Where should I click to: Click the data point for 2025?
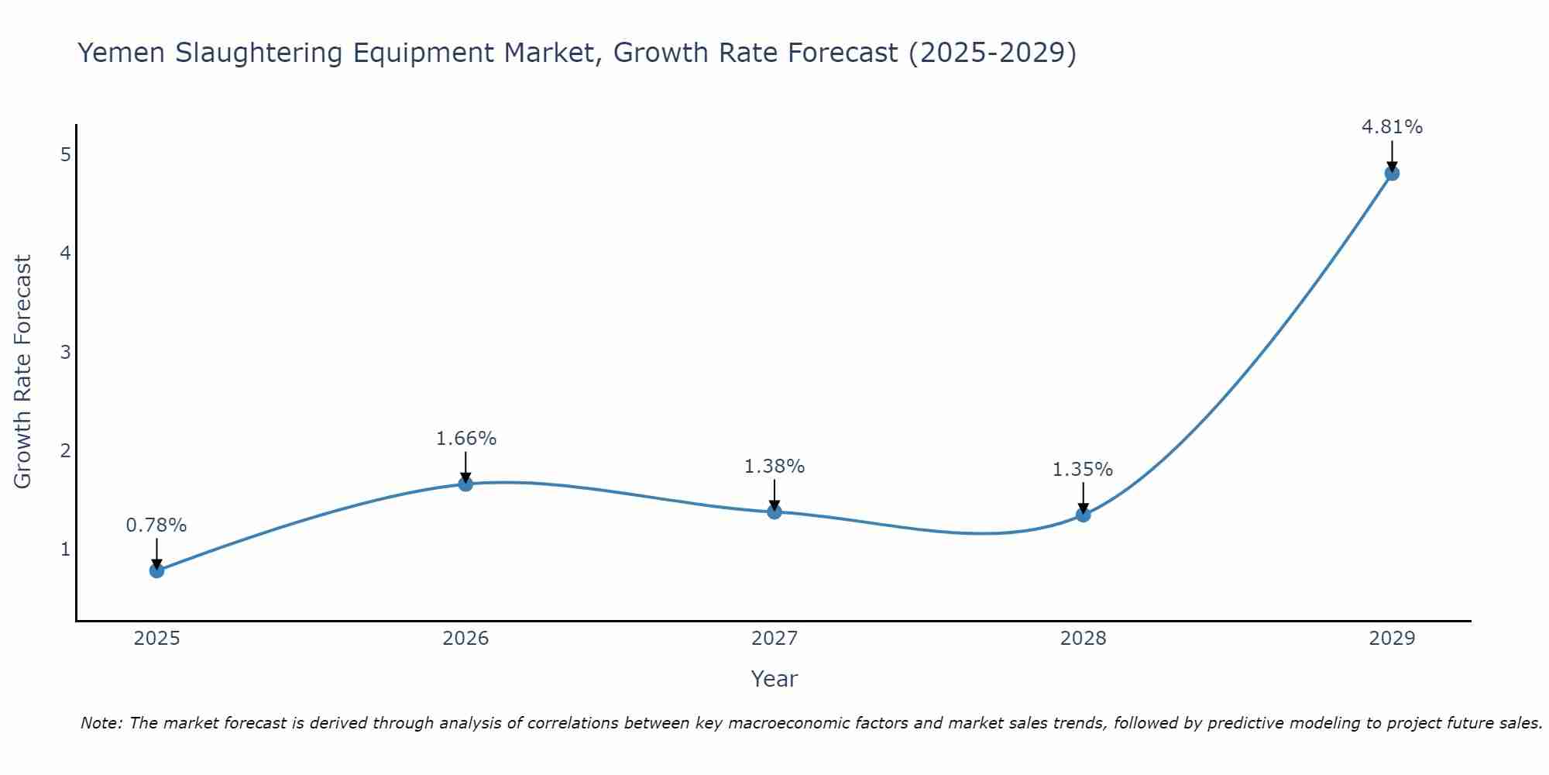(156, 570)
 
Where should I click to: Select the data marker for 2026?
(465, 484)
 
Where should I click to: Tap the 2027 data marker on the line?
(774, 511)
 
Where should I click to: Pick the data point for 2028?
(1083, 515)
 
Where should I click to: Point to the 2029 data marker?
(1392, 173)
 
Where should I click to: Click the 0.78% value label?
(156, 525)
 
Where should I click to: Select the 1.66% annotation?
(465, 439)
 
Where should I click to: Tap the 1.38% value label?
(774, 467)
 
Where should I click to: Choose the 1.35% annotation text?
(1083, 470)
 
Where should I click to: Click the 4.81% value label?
(1392, 127)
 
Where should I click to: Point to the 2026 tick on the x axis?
(465, 639)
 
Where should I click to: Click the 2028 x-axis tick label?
(1083, 639)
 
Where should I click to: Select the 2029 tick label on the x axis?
(1392, 639)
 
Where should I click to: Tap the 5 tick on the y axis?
(65, 155)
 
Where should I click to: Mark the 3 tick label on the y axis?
(65, 352)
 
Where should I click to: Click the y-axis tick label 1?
(65, 549)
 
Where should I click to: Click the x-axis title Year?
(774, 679)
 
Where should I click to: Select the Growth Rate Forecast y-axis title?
(23, 372)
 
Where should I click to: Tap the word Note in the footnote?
(101, 723)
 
